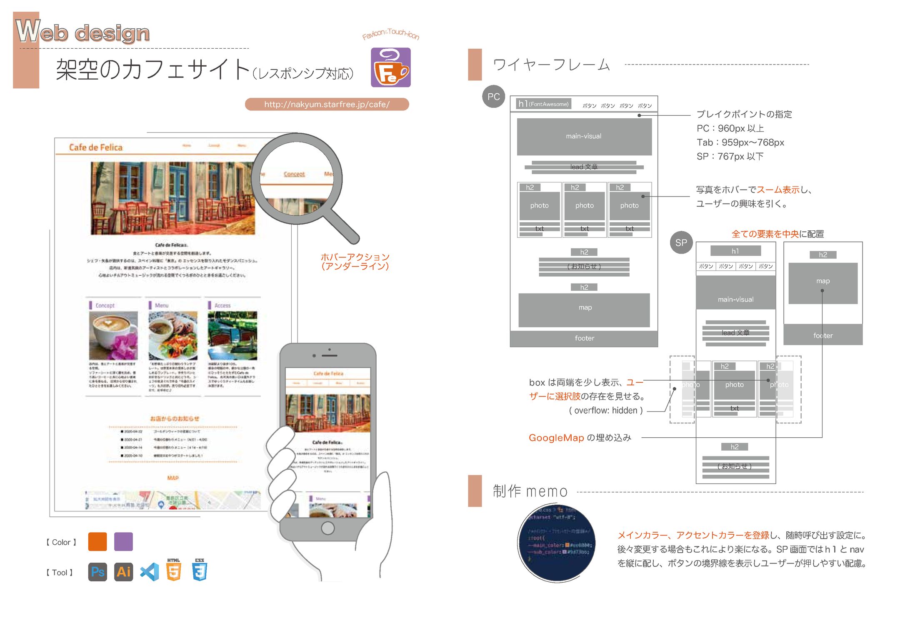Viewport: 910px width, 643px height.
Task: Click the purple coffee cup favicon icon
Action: click(x=390, y=67)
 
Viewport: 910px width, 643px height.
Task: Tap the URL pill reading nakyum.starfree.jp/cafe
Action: click(x=327, y=104)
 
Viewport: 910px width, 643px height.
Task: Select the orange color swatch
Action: click(x=97, y=541)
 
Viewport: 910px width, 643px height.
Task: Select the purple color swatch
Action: click(x=123, y=541)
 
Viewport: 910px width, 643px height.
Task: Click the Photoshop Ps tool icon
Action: click(x=97, y=572)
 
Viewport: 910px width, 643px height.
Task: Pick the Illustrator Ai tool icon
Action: click(x=123, y=572)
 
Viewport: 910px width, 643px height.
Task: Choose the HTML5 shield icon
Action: click(x=174, y=571)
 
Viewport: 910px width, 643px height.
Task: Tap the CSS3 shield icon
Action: click(x=200, y=571)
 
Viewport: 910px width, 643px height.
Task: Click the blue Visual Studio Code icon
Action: click(x=150, y=572)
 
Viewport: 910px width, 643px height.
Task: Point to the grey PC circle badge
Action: click(x=493, y=97)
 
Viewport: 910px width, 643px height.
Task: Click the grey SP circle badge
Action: click(x=681, y=242)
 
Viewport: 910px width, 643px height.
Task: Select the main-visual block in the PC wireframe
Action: click(x=584, y=136)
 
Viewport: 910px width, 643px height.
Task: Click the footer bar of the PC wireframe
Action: click(x=584, y=338)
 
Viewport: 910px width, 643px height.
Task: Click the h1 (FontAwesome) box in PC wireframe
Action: click(x=543, y=104)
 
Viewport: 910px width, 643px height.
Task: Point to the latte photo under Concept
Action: click(x=113, y=335)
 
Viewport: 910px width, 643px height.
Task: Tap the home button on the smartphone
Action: click(x=328, y=528)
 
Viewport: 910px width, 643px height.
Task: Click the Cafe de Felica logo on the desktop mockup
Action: click(x=96, y=147)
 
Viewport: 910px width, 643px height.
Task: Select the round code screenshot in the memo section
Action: click(x=556, y=543)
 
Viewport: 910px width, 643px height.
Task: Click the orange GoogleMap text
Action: click(x=556, y=438)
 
